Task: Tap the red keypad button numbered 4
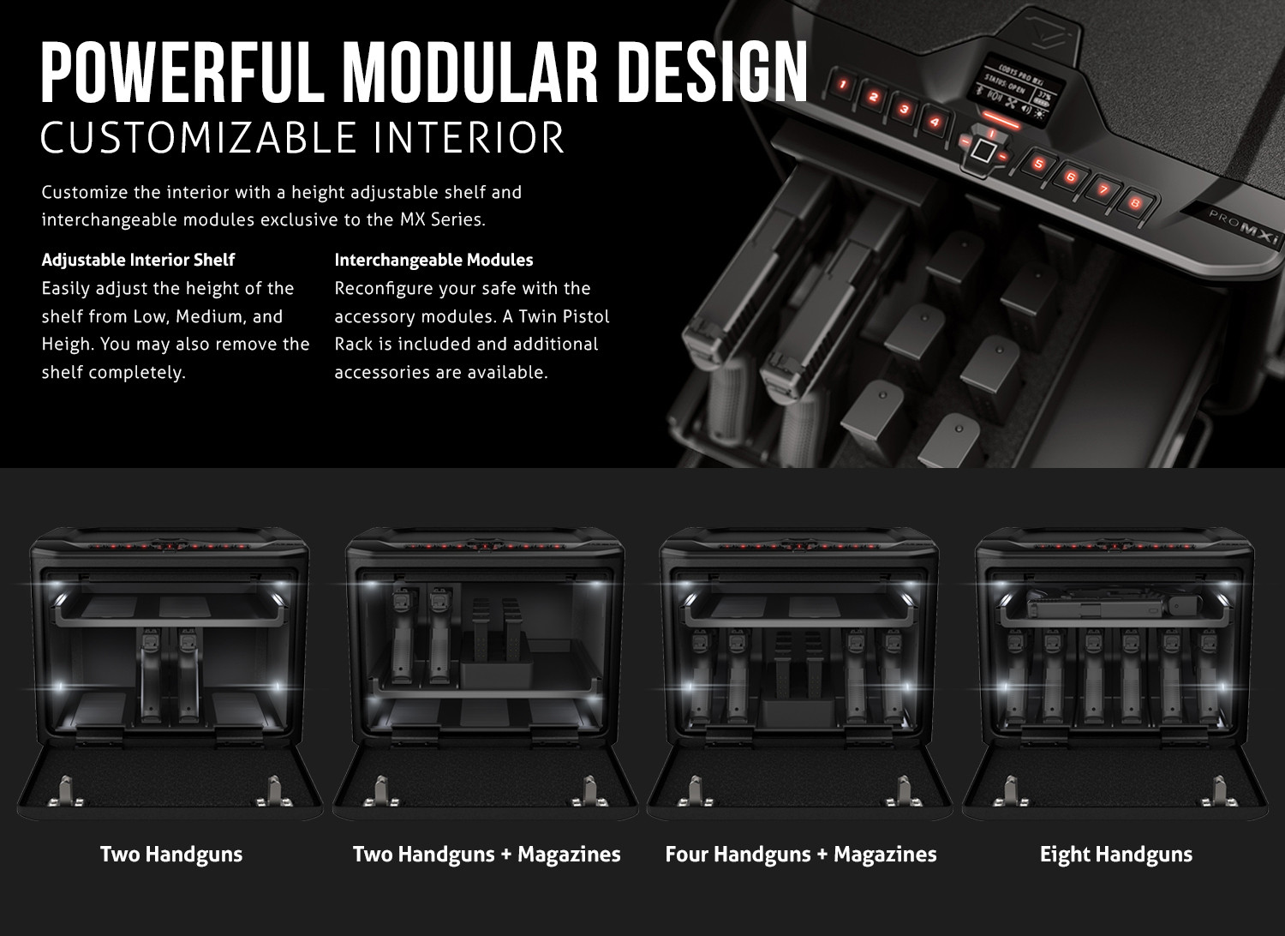935,122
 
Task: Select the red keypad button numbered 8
1134,202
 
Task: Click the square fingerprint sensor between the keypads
983,151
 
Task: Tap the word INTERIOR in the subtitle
469,138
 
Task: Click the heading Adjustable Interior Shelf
138,260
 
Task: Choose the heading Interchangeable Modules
433,260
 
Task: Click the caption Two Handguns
171,855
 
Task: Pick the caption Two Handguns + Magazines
487,855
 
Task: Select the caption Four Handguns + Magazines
801,855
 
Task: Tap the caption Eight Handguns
1116,855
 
